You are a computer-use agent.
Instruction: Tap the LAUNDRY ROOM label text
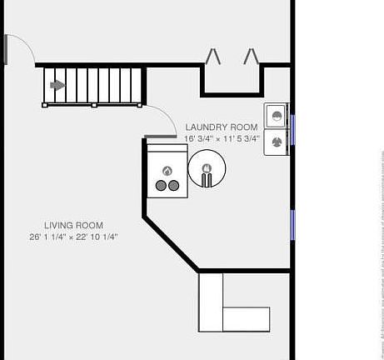tap(222, 126)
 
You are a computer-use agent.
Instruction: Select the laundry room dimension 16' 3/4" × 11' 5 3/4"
tap(222, 138)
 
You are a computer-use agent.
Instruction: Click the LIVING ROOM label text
tap(73, 225)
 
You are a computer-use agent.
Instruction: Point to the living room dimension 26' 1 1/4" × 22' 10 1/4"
tap(73, 237)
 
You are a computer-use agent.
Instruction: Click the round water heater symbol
tap(207, 170)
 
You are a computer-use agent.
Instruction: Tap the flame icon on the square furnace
tap(167, 172)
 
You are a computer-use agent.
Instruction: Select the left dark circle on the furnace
tap(161, 186)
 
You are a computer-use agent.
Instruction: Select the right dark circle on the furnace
tap(173, 186)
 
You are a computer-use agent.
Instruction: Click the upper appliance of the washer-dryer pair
tap(276, 114)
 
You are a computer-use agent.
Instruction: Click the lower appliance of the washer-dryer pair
tap(276, 143)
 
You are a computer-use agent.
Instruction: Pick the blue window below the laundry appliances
tap(292, 224)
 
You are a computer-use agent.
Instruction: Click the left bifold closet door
tap(213, 56)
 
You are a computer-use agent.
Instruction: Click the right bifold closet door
tap(251, 56)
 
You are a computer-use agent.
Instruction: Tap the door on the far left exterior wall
tap(6, 50)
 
